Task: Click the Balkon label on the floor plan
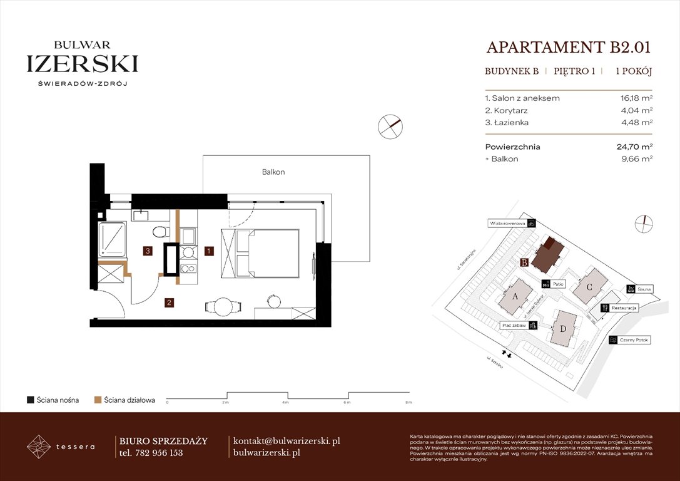click(273, 172)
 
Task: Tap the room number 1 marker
click(210, 251)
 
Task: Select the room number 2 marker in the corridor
click(169, 303)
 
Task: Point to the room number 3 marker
click(147, 251)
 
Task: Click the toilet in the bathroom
click(160, 232)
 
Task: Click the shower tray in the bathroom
click(113, 238)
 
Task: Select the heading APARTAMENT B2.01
click(569, 48)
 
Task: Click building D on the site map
click(564, 328)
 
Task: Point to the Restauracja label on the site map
click(624, 308)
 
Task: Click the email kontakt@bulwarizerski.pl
click(286, 441)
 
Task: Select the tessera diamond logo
click(39, 447)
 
